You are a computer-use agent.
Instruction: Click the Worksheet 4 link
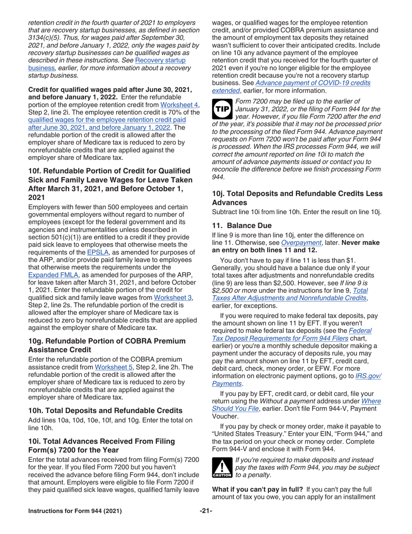(175, 104)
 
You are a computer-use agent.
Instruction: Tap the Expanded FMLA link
(50, 275)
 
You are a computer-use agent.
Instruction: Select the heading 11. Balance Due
(242, 226)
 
